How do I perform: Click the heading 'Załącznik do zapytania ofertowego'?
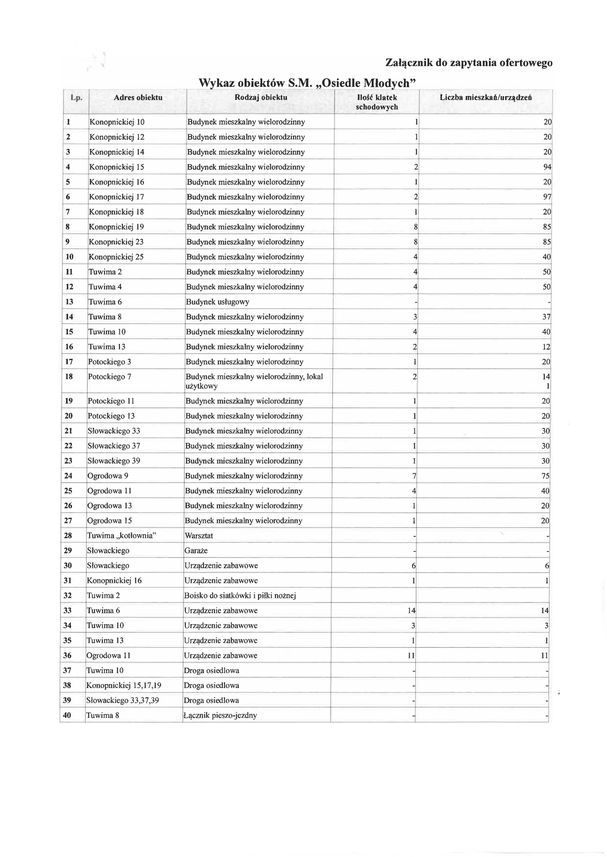[469, 63]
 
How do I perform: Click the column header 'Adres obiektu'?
[138, 98]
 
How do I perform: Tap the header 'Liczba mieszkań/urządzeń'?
[486, 98]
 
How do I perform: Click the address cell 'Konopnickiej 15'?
[117, 167]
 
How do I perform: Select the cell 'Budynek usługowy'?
[218, 302]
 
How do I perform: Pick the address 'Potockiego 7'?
[109, 376]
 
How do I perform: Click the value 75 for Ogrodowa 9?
[546, 476]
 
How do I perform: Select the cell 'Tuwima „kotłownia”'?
[121, 535]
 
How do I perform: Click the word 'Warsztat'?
[199, 535]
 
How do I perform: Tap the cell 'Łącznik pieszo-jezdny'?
[220, 715]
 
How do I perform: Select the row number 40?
[67, 715]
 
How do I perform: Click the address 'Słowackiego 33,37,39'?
[123, 700]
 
